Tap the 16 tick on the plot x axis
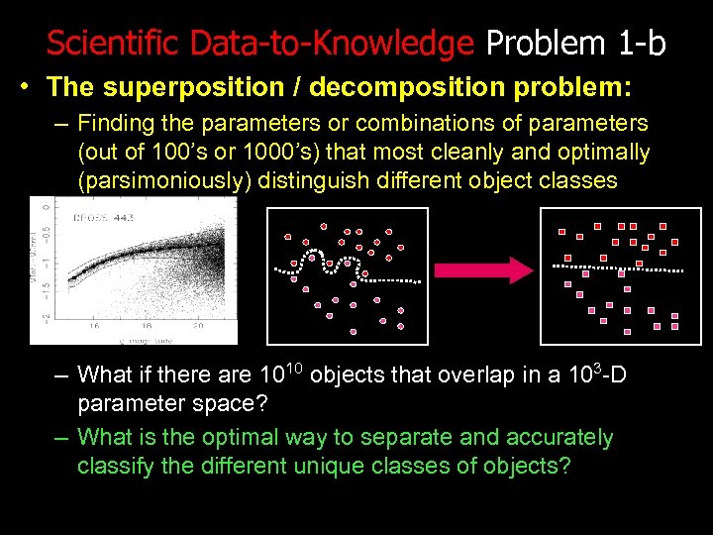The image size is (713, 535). pos(95,324)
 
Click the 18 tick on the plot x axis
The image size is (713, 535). pos(146,324)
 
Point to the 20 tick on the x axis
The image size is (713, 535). pos(197,324)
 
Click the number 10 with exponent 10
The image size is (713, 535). pos(278,374)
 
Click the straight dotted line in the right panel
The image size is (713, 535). pos(616,267)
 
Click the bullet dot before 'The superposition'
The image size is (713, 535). pos(23,87)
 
